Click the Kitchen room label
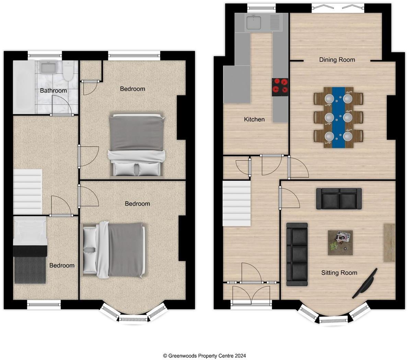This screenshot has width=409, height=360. (254, 120)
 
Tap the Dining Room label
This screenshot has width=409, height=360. (337, 60)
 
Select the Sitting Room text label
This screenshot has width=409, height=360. (339, 273)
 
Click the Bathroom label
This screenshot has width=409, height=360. (53, 91)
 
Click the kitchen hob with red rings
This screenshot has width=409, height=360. (280, 87)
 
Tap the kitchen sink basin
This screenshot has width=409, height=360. (254, 23)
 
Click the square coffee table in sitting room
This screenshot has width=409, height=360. (340, 243)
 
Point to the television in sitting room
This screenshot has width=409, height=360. (365, 284)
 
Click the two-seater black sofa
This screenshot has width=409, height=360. (339, 199)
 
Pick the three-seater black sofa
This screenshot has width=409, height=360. (297, 254)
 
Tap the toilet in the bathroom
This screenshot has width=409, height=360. (69, 71)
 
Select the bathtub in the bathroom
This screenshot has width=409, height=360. (24, 87)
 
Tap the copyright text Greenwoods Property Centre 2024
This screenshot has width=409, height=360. (204, 356)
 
